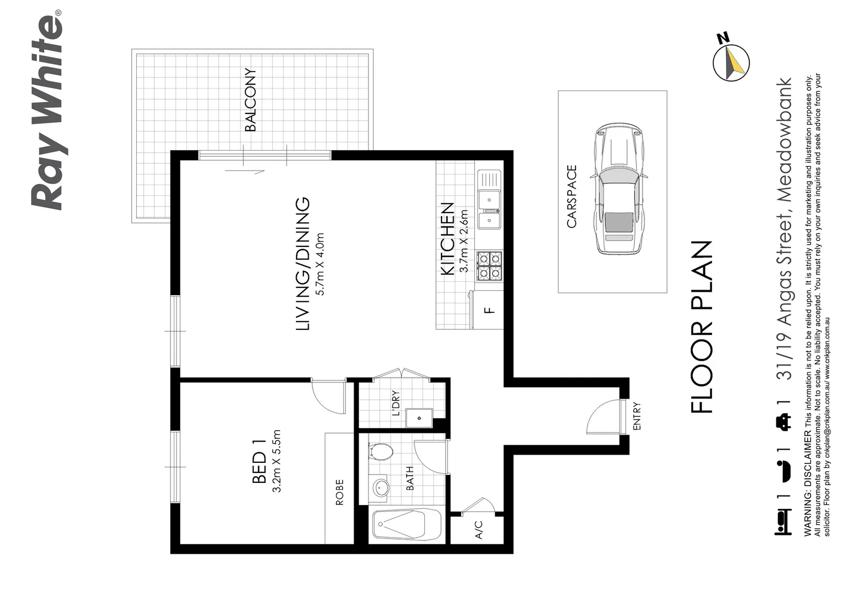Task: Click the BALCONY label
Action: click(251, 100)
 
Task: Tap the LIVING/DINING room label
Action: click(303, 264)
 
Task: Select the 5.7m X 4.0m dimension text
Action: click(320, 264)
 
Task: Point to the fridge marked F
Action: click(488, 310)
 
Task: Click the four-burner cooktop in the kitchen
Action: click(490, 265)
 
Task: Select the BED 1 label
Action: click(259, 460)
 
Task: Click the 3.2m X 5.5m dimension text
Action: click(278, 461)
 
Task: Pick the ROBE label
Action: click(339, 492)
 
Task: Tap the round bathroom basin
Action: click(381, 488)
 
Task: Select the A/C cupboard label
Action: click(479, 529)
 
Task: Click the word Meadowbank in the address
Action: click(785, 139)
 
